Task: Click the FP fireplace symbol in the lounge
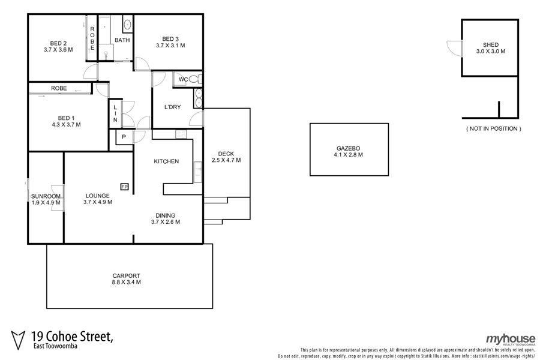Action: tap(124, 187)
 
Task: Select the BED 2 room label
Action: tap(58, 43)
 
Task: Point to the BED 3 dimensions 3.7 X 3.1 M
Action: tap(170, 46)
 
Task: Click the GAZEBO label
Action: tap(348, 148)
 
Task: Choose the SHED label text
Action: tap(490, 45)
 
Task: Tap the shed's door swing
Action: tap(454, 48)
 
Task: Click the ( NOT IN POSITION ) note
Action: tap(494, 128)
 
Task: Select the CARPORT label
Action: tap(127, 276)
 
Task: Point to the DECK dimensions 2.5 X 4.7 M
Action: tap(226, 160)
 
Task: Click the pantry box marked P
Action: tap(124, 137)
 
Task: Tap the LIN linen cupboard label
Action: tap(115, 113)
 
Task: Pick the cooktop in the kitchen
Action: tap(181, 134)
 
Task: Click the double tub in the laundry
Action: tap(199, 98)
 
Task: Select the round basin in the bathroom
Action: tap(127, 25)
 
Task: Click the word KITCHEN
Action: tap(166, 161)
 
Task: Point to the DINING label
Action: tap(166, 215)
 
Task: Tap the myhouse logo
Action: tap(511, 340)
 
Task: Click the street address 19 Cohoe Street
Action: tap(72, 336)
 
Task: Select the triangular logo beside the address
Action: tap(18, 340)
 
